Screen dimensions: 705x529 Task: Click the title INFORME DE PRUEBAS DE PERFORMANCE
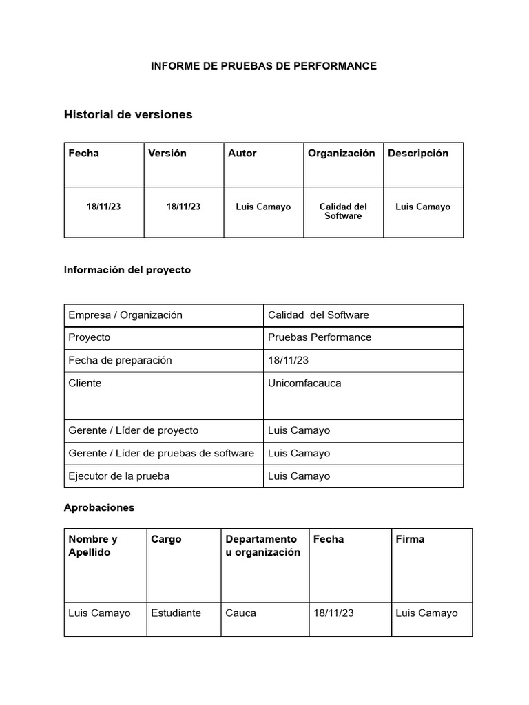point(264,66)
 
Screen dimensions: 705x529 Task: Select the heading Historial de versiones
point(128,115)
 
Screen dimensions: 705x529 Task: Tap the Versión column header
point(167,154)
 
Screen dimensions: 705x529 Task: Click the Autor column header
point(242,154)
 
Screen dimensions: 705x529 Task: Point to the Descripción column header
point(418,154)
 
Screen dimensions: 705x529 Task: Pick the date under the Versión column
point(183,207)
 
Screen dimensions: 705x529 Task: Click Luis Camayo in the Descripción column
point(423,207)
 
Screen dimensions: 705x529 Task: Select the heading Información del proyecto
point(127,270)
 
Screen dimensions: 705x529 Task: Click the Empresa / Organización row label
point(125,315)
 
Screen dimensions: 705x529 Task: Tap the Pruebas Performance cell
point(320,337)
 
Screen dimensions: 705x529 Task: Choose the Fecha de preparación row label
point(121,360)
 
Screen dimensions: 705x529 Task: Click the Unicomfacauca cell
point(304,383)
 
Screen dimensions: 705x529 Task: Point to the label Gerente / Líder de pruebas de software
point(161,453)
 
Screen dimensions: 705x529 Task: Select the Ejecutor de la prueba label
point(119,476)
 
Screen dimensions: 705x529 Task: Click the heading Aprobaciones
point(99,507)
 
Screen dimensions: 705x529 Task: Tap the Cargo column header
point(167,539)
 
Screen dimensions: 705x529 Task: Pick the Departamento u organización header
point(262,545)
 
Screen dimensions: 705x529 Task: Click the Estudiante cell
point(176,613)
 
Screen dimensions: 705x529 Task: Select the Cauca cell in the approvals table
point(240,613)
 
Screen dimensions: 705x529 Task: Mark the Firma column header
point(411,539)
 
